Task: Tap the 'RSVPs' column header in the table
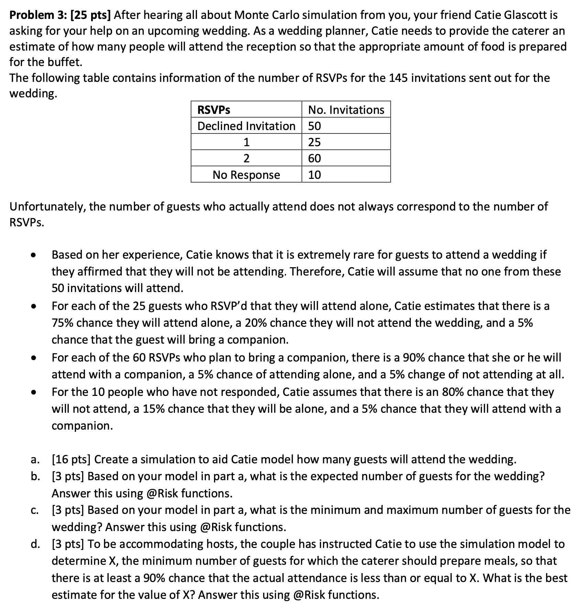214,110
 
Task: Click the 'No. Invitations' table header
346,110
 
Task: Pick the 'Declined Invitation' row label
246,126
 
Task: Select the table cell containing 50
315,126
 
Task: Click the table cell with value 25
315,142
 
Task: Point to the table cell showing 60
315,158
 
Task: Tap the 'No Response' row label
246,175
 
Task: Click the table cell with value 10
315,175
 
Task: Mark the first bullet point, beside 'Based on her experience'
33,256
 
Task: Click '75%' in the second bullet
63,323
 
